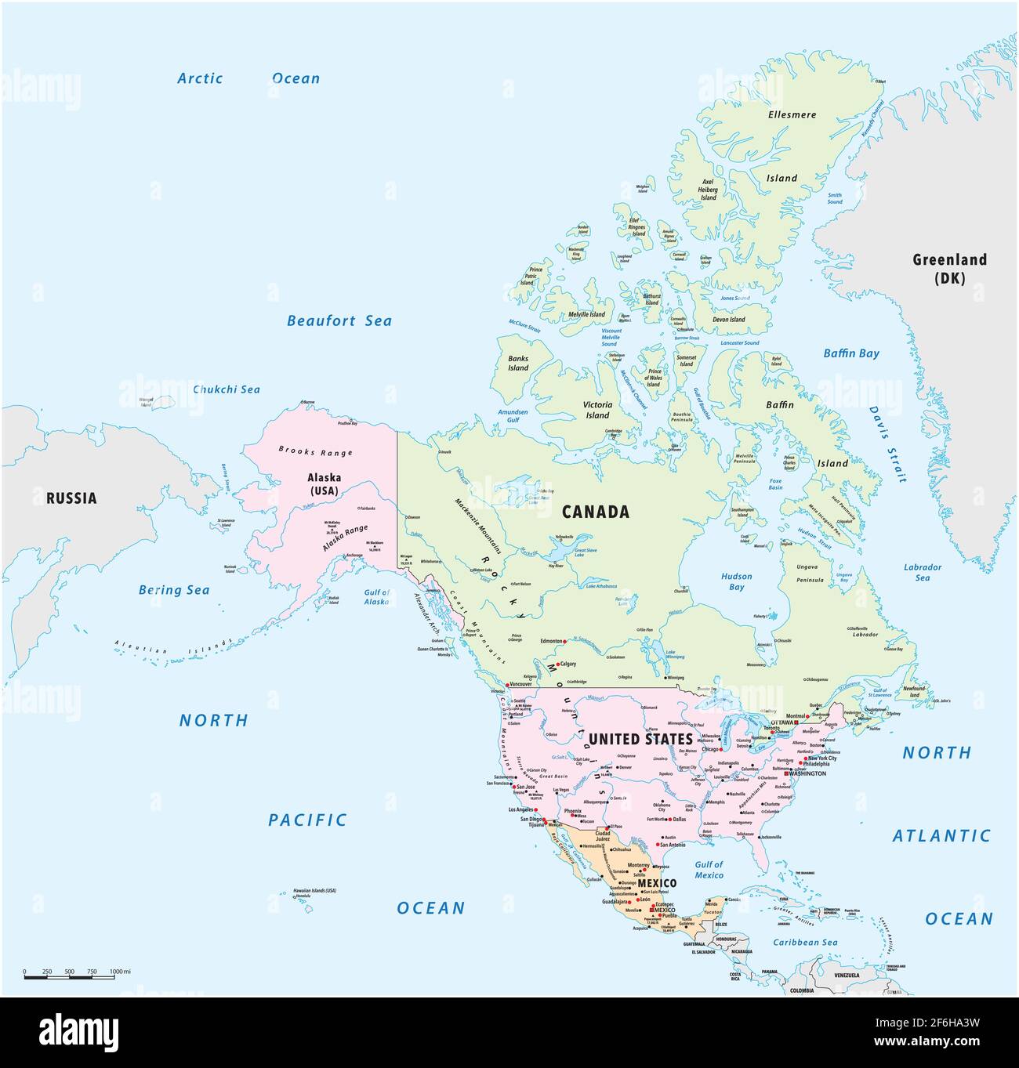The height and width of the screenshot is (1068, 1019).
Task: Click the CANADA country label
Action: click(x=595, y=512)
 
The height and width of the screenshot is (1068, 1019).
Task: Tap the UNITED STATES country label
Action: click(x=640, y=739)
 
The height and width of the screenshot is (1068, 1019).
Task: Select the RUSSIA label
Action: click(x=71, y=498)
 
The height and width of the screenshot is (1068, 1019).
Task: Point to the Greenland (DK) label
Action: click(x=949, y=269)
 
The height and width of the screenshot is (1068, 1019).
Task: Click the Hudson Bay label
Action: click(x=736, y=581)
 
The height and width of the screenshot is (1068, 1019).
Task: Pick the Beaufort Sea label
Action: click(x=339, y=320)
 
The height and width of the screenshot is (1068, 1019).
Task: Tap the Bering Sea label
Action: click(x=174, y=590)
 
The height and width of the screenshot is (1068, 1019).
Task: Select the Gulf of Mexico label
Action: click(x=709, y=870)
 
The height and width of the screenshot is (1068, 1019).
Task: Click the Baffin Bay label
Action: click(x=850, y=353)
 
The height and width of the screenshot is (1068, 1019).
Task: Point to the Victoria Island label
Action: click(x=597, y=410)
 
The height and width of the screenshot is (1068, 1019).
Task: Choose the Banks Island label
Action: click(x=518, y=364)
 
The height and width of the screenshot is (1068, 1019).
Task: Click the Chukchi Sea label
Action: click(x=227, y=389)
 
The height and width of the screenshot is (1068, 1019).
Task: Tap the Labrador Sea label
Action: click(x=923, y=572)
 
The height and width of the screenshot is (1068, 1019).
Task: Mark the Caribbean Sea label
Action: click(x=805, y=943)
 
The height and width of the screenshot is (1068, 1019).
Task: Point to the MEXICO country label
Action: click(x=657, y=883)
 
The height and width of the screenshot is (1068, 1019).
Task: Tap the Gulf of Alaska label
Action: click(x=376, y=597)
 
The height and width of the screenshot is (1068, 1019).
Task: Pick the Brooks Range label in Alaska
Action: click(x=316, y=451)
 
